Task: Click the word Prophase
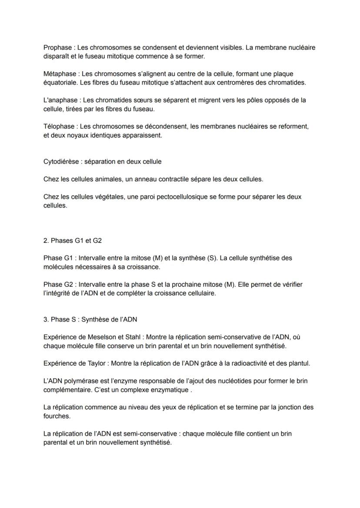[x=57, y=47]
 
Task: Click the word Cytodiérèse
[x=61, y=162]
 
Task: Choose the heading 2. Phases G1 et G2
[x=73, y=240]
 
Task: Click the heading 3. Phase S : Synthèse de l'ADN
[x=90, y=319]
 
